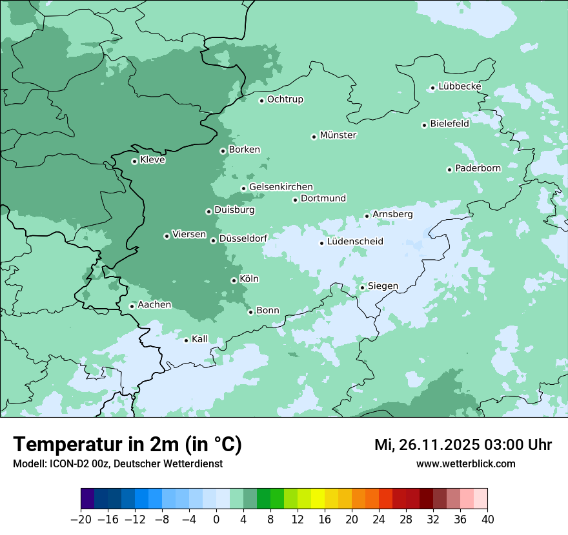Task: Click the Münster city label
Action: (338, 135)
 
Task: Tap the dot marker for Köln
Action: (234, 280)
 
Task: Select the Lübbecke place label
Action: (460, 86)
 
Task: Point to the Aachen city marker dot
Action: (132, 306)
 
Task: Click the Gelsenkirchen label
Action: (281, 187)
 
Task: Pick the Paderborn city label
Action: (478, 168)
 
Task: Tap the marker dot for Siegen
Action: (363, 287)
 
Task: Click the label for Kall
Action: (200, 339)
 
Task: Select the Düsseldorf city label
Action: (243, 238)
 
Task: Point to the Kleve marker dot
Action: (134, 161)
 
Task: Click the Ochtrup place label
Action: (285, 99)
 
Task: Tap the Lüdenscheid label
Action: (355, 242)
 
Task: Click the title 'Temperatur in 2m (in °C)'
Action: (127, 445)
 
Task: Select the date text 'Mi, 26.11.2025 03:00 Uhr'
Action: (463, 445)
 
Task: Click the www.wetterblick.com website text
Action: (465, 463)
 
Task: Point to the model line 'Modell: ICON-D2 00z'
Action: (117, 463)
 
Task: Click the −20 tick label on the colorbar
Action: (81, 520)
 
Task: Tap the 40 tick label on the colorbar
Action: (487, 520)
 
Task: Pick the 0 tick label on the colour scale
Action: (216, 520)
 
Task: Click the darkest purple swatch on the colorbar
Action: (88, 499)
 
